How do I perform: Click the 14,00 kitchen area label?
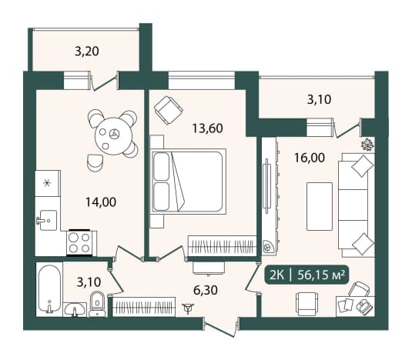point(101,202)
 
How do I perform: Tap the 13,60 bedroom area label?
point(208,128)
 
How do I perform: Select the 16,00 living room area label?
point(310,158)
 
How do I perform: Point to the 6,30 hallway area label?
point(206,290)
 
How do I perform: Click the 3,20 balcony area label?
point(87,52)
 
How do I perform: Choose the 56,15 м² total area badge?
point(306,275)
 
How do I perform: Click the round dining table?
point(113,136)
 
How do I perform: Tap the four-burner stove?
point(79,243)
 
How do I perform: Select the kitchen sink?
point(47,221)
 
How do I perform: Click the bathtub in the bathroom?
point(49,289)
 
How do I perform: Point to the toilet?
point(97,304)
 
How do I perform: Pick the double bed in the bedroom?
point(188,182)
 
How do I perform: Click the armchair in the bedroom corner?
point(169,110)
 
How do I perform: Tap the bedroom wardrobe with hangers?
point(223,246)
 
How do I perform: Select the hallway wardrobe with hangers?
point(144,307)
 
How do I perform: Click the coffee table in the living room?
point(320,206)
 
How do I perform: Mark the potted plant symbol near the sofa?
point(367,145)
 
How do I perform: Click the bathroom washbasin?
point(75,310)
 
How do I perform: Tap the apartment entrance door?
point(220,327)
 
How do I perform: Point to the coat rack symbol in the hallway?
point(189,308)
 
